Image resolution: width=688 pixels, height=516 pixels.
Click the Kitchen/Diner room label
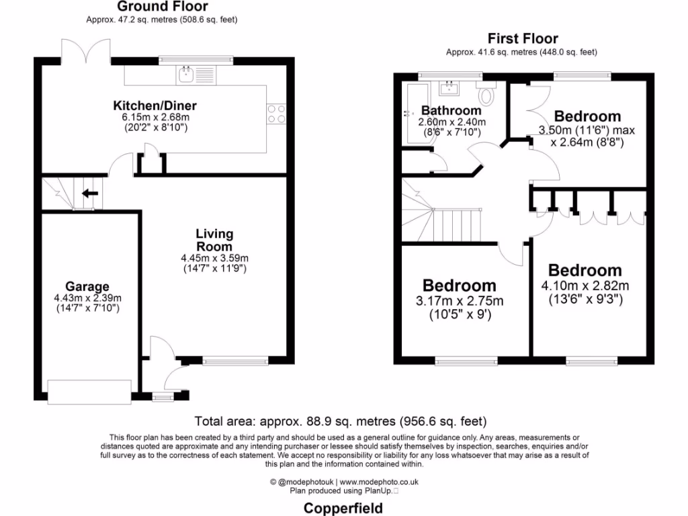155,106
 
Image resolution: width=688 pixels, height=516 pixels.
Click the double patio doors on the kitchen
85,51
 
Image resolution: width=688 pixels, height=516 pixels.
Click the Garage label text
87,287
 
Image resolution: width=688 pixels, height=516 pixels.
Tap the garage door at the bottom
89,392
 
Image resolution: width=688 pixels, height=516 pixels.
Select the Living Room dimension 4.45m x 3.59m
214,258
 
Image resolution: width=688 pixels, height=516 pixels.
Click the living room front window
235,361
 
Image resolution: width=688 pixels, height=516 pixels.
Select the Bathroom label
451,110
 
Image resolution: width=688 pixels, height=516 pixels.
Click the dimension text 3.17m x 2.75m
459,301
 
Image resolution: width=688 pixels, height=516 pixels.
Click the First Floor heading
523,39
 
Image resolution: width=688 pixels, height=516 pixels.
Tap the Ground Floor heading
163,7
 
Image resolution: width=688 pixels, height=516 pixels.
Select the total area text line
340,422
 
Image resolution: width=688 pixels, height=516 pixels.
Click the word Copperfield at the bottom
343,507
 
